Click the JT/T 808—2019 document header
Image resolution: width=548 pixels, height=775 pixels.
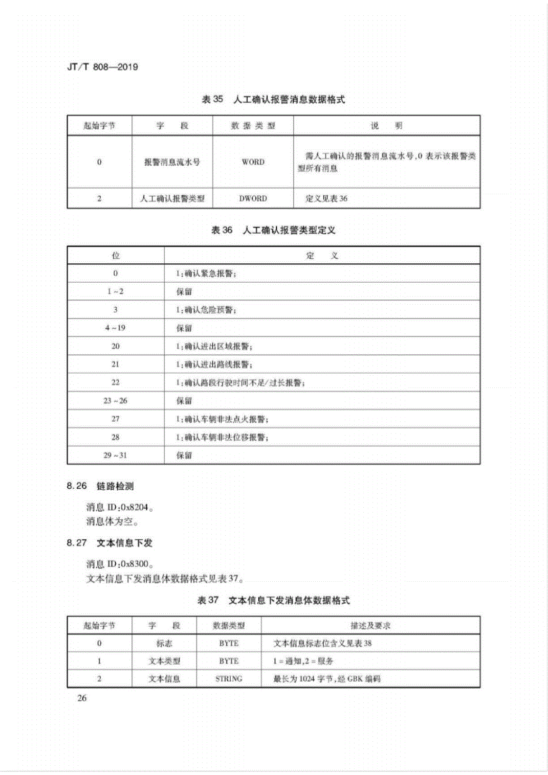point(102,67)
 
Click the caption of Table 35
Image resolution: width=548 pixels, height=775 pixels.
point(273,99)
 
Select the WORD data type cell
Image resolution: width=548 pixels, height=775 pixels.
point(253,162)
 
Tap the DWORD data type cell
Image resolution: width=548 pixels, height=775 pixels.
point(253,198)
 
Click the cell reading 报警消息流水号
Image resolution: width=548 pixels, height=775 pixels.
point(172,162)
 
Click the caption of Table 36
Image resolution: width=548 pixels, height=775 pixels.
point(273,230)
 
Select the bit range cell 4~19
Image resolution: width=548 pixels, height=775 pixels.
point(115,328)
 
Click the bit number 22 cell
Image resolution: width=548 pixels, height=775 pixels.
point(115,382)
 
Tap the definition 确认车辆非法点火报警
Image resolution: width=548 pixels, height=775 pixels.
point(222,419)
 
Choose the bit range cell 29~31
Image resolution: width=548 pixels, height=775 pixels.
point(115,455)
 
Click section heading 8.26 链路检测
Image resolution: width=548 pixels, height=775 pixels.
point(100,486)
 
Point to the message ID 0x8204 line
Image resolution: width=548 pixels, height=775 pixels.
point(120,507)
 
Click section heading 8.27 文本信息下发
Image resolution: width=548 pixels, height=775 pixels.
point(109,542)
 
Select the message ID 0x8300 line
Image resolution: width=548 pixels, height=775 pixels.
point(120,564)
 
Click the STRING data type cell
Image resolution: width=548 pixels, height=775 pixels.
point(229,679)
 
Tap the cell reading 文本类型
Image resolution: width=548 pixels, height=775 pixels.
point(164,661)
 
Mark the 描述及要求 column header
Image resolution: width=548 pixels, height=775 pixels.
point(370,625)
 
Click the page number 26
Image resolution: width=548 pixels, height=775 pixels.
point(82,698)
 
